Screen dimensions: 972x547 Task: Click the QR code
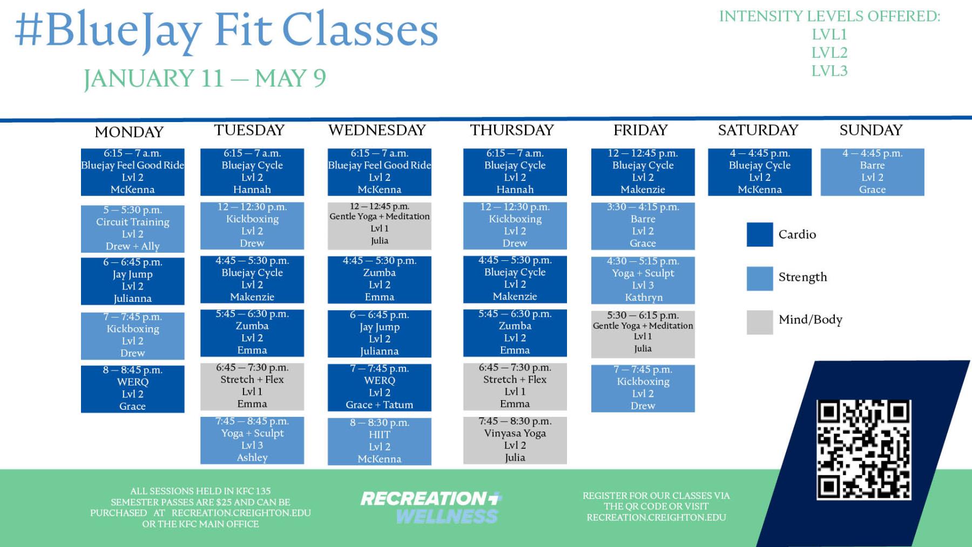pos(863,450)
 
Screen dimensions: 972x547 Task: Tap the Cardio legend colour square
pos(760,234)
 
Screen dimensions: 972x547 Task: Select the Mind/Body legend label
pos(811,320)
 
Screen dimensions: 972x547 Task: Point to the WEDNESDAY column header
pos(377,130)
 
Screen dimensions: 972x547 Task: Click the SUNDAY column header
pos(871,130)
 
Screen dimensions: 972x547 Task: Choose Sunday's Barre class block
pos(872,172)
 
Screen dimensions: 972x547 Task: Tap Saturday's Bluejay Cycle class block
pos(760,172)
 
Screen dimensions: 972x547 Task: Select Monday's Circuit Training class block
pos(133,228)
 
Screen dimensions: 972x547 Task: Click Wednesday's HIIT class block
pos(380,441)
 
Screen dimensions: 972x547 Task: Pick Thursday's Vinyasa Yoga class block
pos(515,440)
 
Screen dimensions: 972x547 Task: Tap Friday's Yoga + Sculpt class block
pos(643,280)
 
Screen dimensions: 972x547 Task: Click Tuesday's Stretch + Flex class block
pos(252,386)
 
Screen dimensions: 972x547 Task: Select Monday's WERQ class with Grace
pos(133,389)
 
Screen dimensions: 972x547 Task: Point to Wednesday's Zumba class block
pos(380,279)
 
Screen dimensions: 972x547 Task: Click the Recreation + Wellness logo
pos(431,507)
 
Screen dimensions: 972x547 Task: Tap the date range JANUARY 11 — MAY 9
pos(205,79)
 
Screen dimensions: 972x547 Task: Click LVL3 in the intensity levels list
pos(829,71)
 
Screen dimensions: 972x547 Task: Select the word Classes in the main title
pos(360,30)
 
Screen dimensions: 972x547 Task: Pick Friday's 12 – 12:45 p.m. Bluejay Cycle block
pos(643,172)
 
